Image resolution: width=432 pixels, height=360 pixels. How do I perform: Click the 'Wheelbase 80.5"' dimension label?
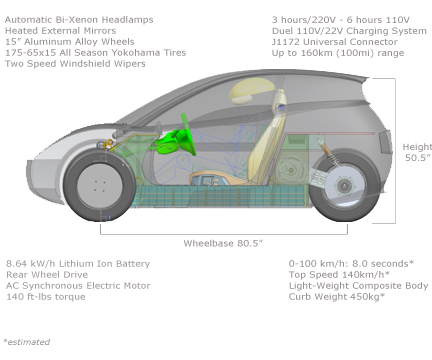click(222, 243)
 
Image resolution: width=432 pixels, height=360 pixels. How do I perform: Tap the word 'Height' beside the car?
click(417, 146)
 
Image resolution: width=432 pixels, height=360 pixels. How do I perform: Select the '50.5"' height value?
click(417, 158)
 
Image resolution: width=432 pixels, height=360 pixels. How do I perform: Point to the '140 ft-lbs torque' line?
click(46, 297)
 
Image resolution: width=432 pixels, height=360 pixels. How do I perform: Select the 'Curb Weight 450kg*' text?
click(335, 297)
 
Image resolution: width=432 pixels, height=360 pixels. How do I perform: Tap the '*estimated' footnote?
click(26, 341)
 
